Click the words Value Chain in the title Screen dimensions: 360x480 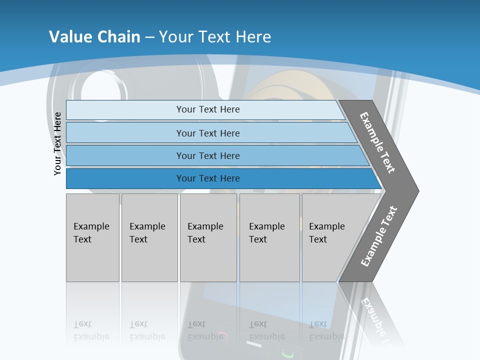(x=94, y=37)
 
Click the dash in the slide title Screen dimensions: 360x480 (x=149, y=37)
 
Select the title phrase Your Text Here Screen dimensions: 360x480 (x=215, y=37)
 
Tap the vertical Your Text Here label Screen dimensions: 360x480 (x=58, y=143)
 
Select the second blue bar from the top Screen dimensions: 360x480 (x=208, y=133)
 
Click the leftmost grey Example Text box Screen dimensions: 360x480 (x=92, y=237)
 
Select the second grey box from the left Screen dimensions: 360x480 (x=149, y=237)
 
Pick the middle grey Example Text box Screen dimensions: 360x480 (x=208, y=237)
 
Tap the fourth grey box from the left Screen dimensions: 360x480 (x=269, y=237)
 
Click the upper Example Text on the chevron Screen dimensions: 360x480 (x=377, y=142)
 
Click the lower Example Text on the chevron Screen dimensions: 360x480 (x=379, y=236)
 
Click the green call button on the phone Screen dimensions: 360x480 (x=286, y=353)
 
